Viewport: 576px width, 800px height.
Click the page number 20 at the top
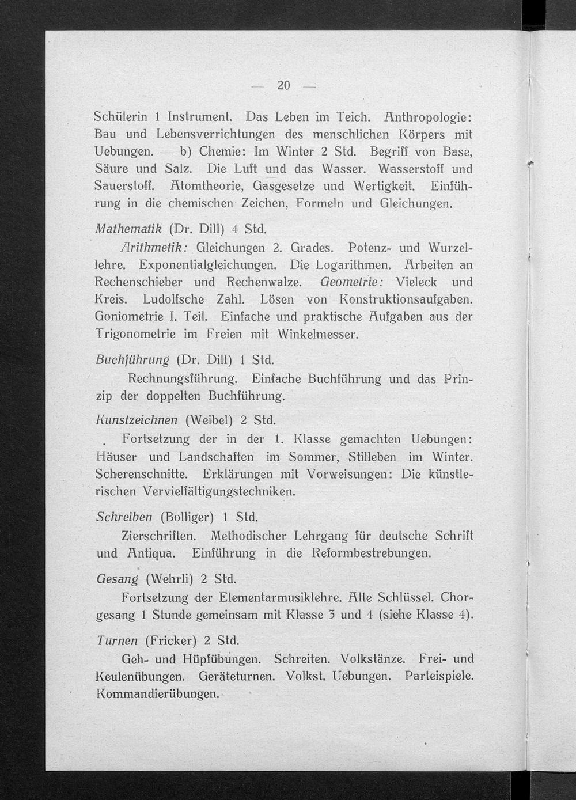[x=283, y=86]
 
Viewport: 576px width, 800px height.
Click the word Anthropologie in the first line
[x=427, y=116]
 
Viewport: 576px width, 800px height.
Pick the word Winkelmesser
[x=318, y=334]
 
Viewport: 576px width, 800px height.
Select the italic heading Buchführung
[x=132, y=360]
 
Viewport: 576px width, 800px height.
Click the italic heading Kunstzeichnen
[x=137, y=419]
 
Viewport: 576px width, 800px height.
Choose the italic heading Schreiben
[x=124, y=516]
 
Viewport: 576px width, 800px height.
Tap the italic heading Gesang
[x=118, y=578]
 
